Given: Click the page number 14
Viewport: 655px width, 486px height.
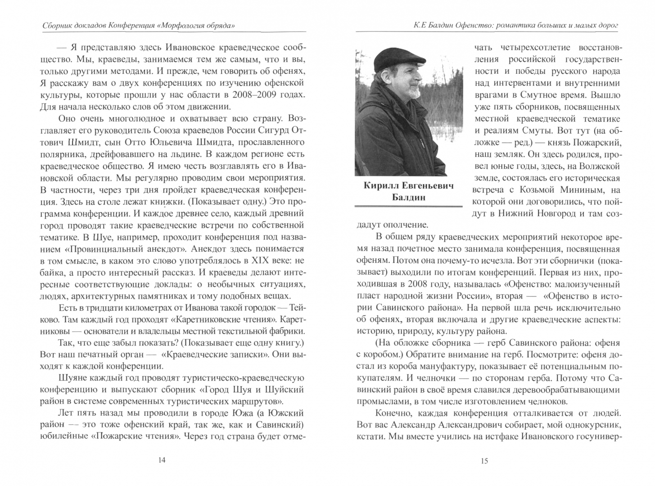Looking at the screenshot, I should (163, 460).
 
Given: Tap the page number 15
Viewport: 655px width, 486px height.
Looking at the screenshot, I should (484, 460).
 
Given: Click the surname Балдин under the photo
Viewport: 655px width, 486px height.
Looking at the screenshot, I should (408, 198).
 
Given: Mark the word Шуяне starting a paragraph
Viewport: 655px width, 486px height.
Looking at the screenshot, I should (75, 378).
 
